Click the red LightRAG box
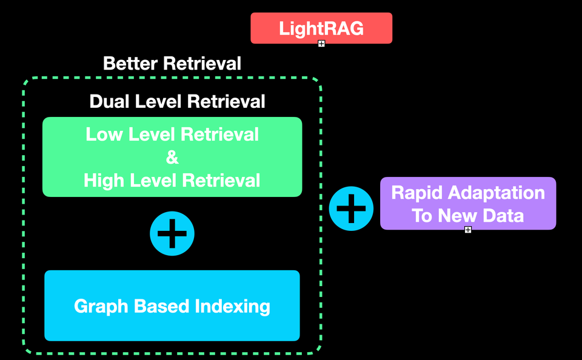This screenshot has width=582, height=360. click(x=321, y=28)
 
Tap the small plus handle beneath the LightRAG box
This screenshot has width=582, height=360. click(x=321, y=44)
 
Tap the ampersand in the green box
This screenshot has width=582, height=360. click(x=172, y=158)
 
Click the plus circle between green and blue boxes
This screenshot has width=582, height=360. click(x=172, y=233)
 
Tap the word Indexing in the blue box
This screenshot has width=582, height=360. click(x=233, y=306)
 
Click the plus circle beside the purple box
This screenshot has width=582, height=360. click(x=351, y=208)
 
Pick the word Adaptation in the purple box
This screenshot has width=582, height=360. click(x=497, y=193)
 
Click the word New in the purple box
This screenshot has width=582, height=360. click(x=458, y=215)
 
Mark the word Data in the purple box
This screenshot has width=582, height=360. click(x=504, y=215)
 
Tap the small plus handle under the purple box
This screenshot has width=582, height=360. click(x=468, y=230)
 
